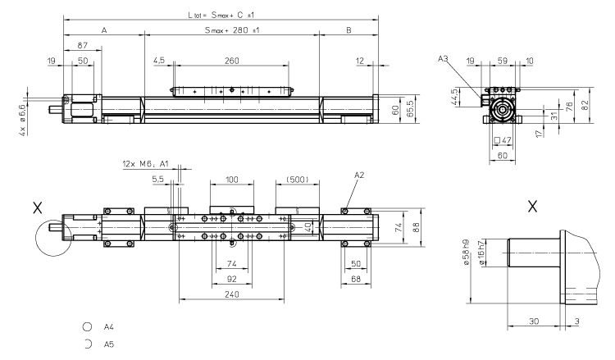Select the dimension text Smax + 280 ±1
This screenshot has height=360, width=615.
point(232,30)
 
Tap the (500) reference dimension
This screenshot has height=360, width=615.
point(297,180)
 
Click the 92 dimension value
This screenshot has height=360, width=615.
point(233,279)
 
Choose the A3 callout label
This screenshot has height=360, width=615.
point(443,59)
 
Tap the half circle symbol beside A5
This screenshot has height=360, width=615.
point(88,344)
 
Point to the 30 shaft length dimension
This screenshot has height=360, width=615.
point(534,321)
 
